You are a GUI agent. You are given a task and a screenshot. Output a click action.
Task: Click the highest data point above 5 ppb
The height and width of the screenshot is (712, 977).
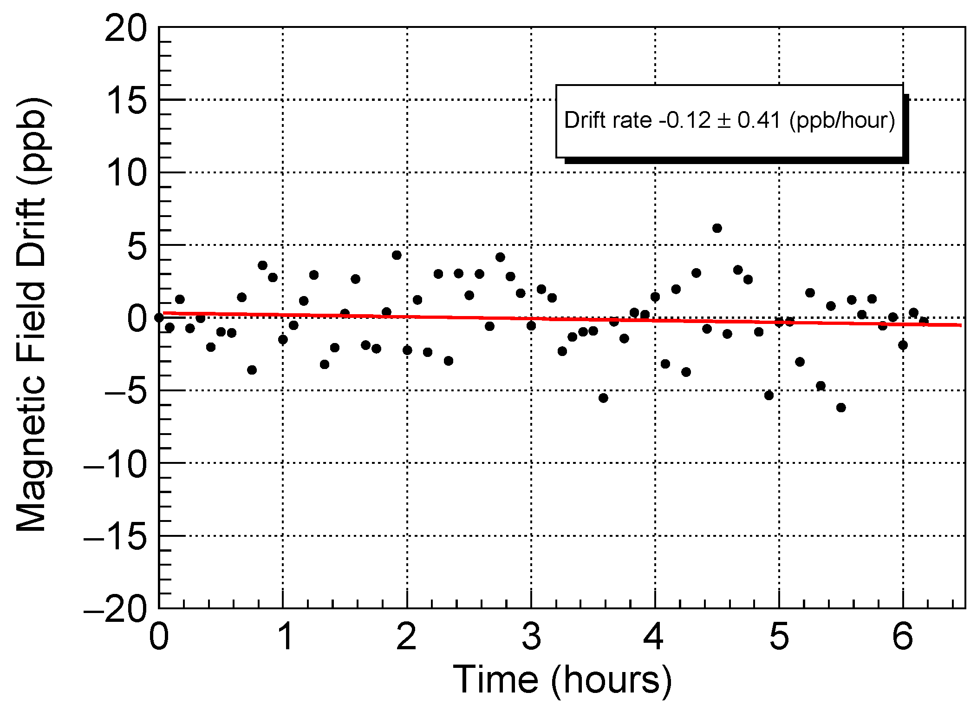pyautogui.click(x=717, y=228)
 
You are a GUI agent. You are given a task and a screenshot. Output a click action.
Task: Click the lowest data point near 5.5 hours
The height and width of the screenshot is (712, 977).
pyautogui.click(x=841, y=408)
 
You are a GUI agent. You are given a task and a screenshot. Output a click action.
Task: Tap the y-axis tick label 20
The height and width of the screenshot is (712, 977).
pyautogui.click(x=125, y=29)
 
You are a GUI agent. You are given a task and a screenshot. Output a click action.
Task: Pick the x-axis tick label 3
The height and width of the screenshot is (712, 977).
pyautogui.click(x=531, y=637)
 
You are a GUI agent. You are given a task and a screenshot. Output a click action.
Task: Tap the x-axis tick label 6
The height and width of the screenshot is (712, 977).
pyautogui.click(x=903, y=637)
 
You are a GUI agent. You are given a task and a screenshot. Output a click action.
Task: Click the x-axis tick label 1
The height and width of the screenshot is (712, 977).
pyautogui.click(x=284, y=637)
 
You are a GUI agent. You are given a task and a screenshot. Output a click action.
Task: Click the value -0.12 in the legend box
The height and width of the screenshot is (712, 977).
pyautogui.click(x=684, y=120)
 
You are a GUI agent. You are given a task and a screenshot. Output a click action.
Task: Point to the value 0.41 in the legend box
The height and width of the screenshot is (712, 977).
pyautogui.click(x=759, y=120)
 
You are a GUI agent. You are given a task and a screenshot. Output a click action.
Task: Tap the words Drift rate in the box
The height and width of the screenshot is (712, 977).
pyautogui.click(x=607, y=120)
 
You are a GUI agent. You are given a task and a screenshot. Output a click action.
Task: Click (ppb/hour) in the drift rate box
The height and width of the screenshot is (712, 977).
pyautogui.click(x=842, y=120)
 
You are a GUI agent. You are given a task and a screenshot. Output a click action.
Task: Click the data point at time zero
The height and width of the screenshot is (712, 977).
pyautogui.click(x=159, y=317)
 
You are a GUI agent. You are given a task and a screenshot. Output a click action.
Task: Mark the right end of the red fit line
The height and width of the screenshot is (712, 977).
pyautogui.click(x=960, y=325)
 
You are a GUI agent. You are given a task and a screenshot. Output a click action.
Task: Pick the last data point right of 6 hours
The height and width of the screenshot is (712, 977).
pyautogui.click(x=924, y=321)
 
